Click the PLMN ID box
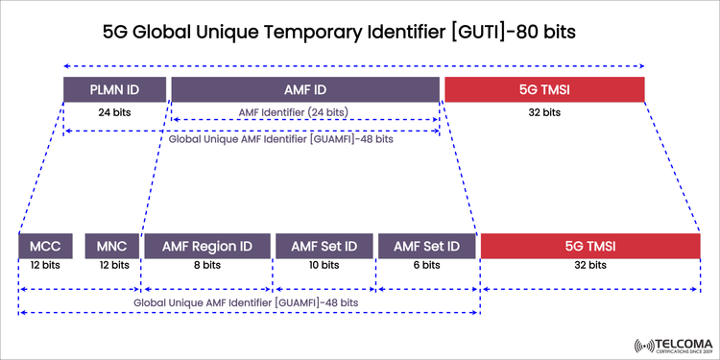click(113, 89)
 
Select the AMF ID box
click(305, 89)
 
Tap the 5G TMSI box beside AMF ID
click(544, 89)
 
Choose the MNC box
click(112, 246)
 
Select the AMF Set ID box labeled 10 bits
click(324, 246)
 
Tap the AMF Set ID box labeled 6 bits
click(426, 246)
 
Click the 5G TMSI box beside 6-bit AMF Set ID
click(589, 246)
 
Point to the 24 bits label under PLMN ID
click(113, 112)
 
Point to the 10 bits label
click(324, 265)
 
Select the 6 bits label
click(426, 265)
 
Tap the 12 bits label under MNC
click(112, 265)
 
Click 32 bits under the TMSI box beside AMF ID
click(544, 112)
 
